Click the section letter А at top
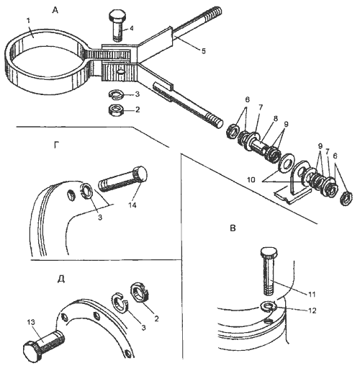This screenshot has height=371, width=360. pyautogui.click(x=55, y=10)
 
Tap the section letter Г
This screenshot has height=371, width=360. pyautogui.click(x=56, y=145)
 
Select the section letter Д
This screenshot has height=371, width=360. pyautogui.click(x=61, y=280)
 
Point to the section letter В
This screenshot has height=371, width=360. pyautogui.click(x=233, y=228)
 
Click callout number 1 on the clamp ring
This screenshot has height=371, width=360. pyautogui.click(x=29, y=21)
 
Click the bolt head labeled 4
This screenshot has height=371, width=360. pyautogui.click(x=117, y=16)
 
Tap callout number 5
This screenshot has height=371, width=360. pyautogui.click(x=204, y=51)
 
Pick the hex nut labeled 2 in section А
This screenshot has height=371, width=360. pyautogui.click(x=116, y=110)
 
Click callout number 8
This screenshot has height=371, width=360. pyautogui.click(x=276, y=118)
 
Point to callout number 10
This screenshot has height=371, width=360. pyautogui.click(x=251, y=179)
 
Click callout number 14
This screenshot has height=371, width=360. pyautogui.click(x=132, y=205)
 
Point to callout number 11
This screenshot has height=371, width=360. pyautogui.click(x=311, y=294)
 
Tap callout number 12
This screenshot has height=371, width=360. pyautogui.click(x=312, y=310)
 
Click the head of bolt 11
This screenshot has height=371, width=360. pyautogui.click(x=269, y=252)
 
